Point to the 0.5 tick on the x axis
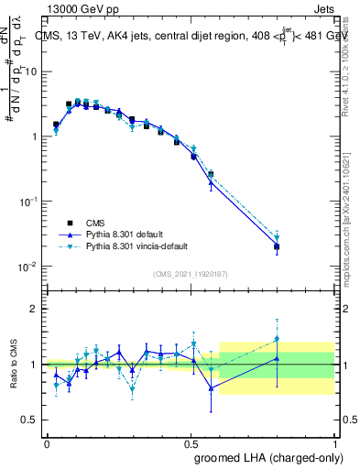coord(191,442)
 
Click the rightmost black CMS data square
coord(277,246)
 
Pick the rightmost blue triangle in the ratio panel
coord(277,358)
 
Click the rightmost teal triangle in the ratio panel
coord(277,339)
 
